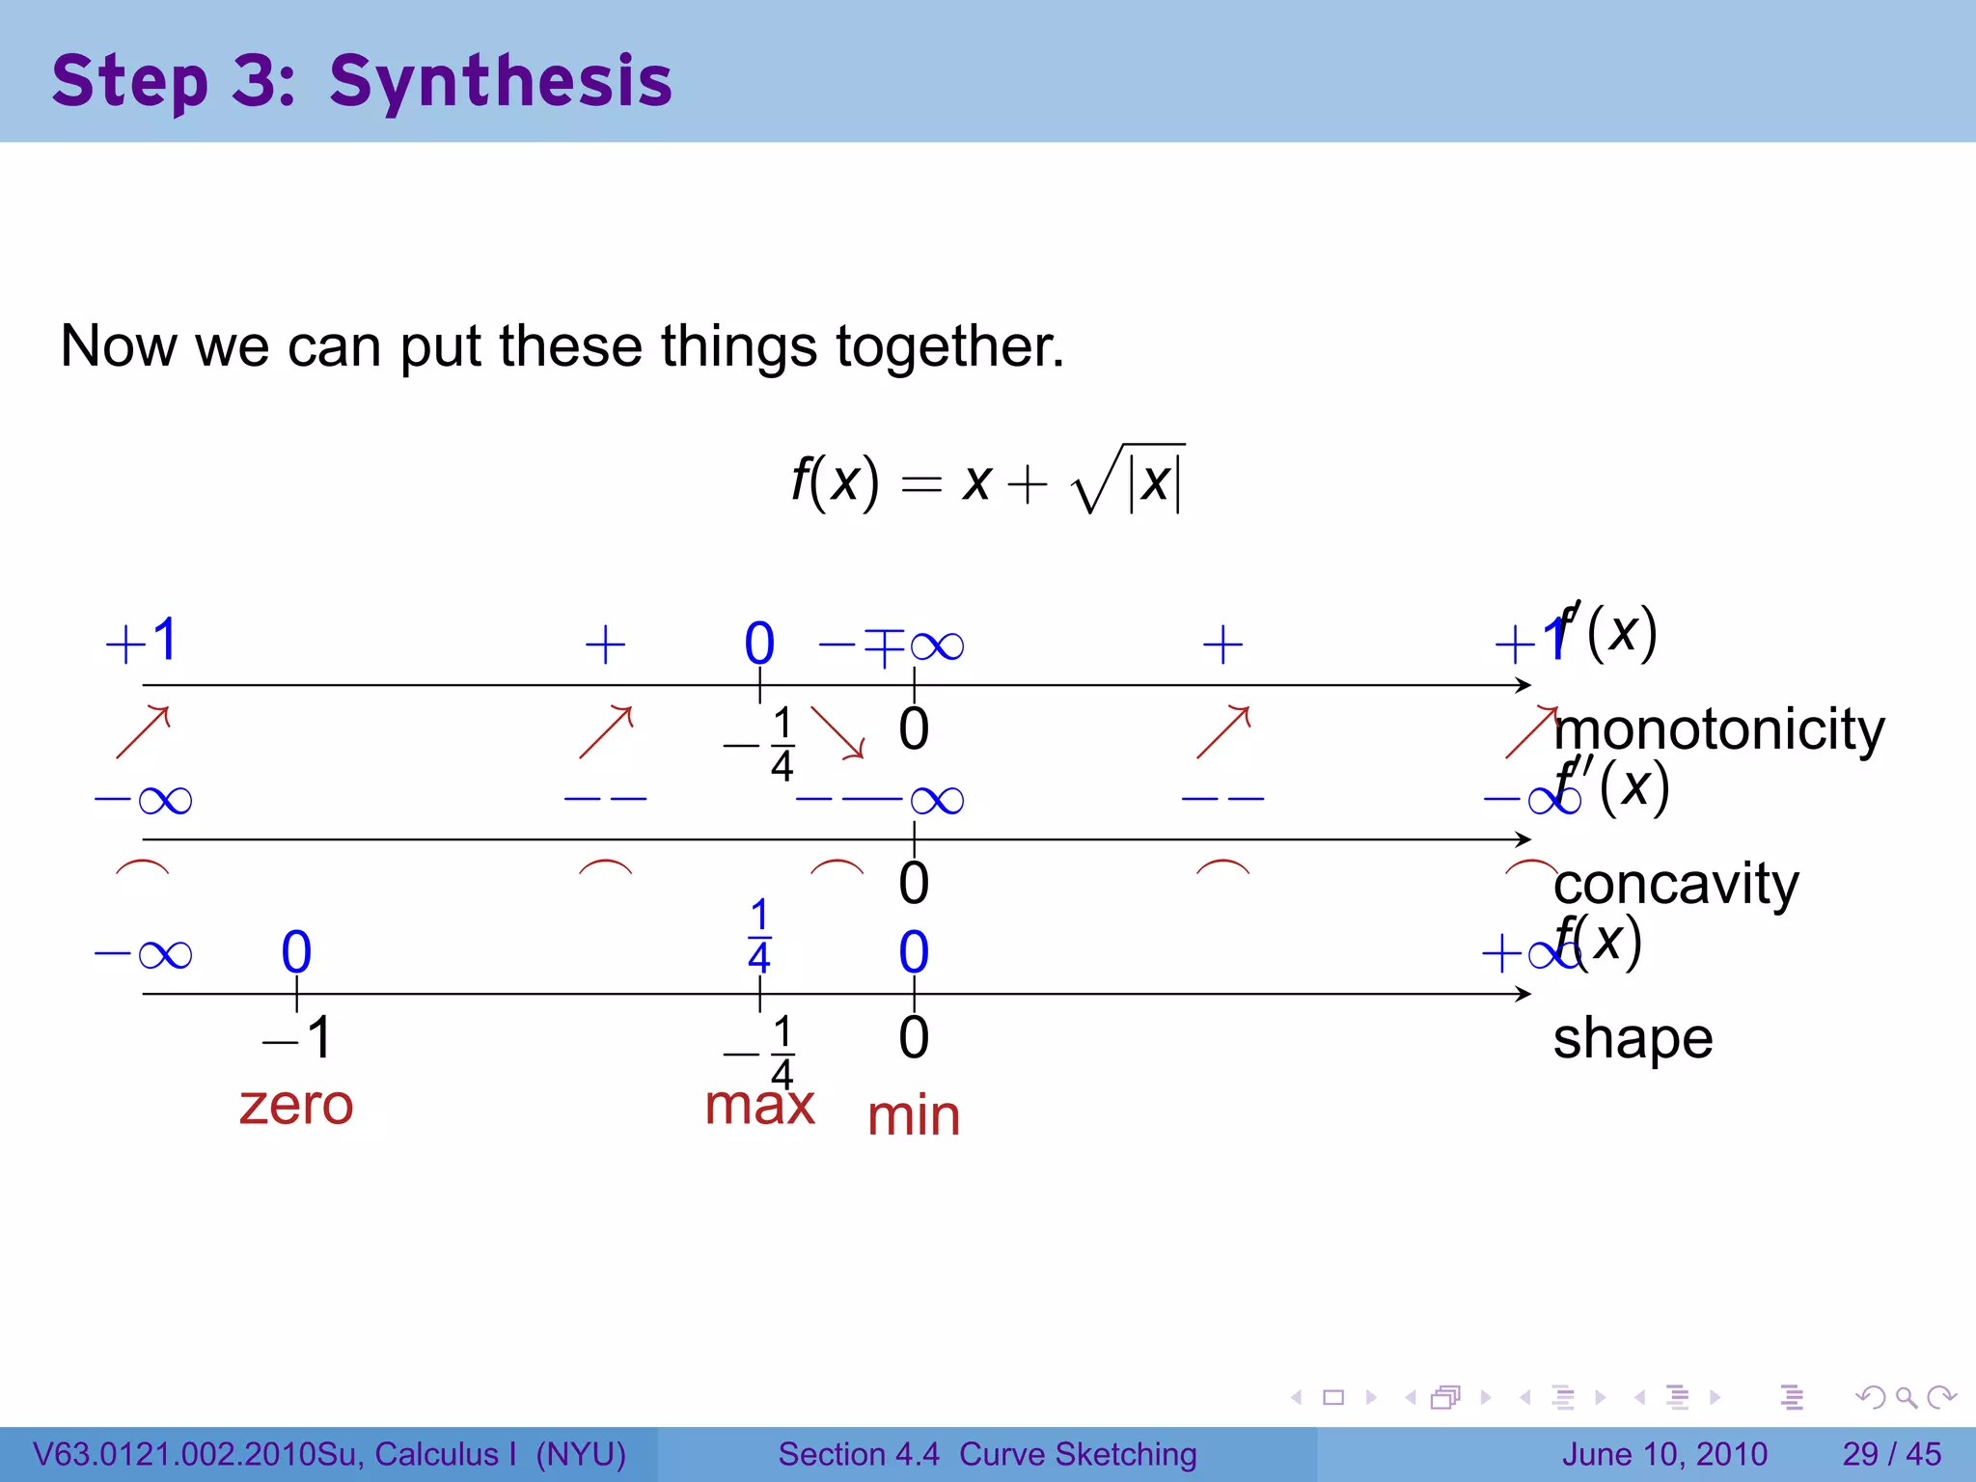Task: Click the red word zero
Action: click(296, 1106)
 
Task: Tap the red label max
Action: click(759, 1106)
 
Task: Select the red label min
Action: click(913, 1116)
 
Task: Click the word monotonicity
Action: click(1718, 729)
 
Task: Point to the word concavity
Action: click(1676, 884)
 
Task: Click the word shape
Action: click(1633, 1038)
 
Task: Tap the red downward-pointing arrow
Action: click(837, 732)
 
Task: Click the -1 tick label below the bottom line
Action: click(298, 1038)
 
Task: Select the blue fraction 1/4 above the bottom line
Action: click(759, 935)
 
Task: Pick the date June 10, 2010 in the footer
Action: click(1664, 1454)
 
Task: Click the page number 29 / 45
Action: click(1891, 1454)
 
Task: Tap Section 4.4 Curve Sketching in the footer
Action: click(987, 1454)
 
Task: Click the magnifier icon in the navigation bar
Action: click(1906, 1397)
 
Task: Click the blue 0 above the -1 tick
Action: click(296, 952)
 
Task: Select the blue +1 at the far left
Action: click(142, 641)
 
